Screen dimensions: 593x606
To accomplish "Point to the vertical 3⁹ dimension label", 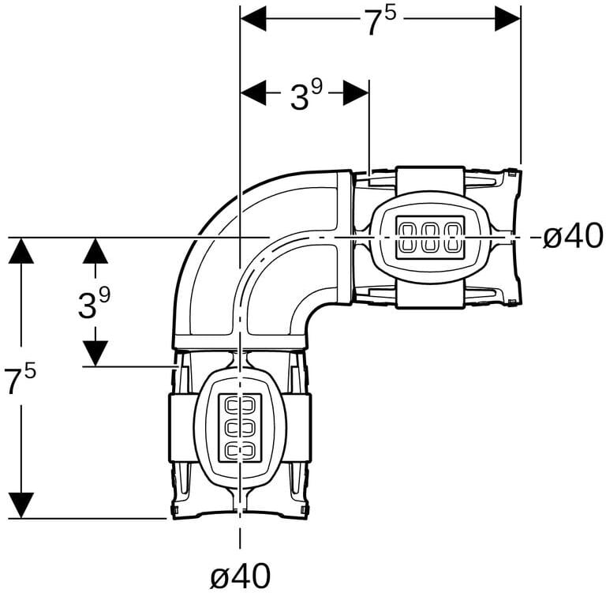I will [x=94, y=302].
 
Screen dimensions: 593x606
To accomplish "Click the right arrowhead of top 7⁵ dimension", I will [x=507, y=17].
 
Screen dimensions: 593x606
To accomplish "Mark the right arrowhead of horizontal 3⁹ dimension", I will [x=356, y=92].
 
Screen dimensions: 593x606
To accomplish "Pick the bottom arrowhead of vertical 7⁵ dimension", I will [x=21, y=505].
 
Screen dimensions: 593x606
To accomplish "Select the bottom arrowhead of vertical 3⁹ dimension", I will [x=95, y=352].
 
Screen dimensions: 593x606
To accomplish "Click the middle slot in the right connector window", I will [x=430, y=237].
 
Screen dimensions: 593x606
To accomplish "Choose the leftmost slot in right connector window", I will [x=409, y=237].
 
